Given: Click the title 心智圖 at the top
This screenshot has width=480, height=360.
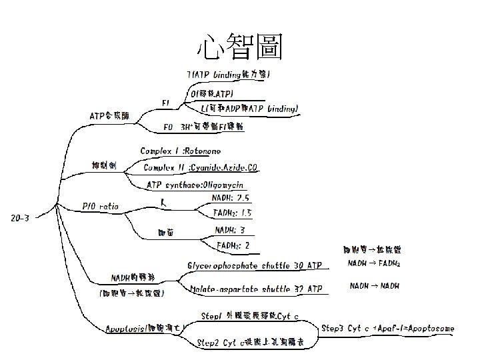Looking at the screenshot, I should pos(240,47).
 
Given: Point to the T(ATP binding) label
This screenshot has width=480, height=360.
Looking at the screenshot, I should pos(227,73).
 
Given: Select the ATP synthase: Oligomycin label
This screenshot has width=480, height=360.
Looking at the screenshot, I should pos(194,184).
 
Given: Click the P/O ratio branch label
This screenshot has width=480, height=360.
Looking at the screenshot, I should pos(101,206).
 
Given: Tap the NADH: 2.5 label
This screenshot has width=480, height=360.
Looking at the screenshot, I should pos(231,198).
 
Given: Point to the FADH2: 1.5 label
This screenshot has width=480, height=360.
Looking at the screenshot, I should pos(233,213).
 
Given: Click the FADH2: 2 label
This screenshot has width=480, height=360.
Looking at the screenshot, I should pos(234,245).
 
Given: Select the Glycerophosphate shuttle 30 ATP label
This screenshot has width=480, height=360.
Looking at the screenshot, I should pos(255,265).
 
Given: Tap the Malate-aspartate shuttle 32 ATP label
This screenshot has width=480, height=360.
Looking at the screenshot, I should pos(256,289).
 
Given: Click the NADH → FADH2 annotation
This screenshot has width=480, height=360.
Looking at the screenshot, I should pos(375,264).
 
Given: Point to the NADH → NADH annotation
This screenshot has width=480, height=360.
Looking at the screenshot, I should pos(374,287).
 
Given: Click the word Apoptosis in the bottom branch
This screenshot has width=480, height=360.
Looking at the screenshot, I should pos(125,329).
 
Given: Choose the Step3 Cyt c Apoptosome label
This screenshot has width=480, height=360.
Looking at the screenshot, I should pos(387,329).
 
